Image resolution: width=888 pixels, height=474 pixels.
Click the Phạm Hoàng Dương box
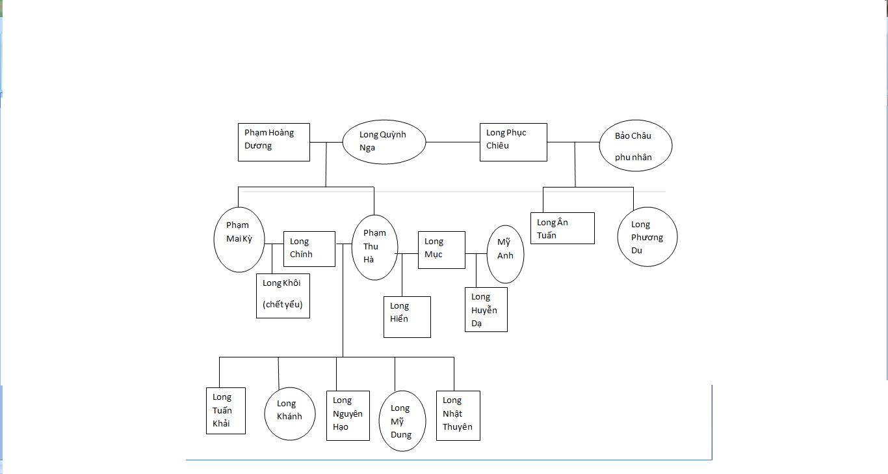[x=273, y=142]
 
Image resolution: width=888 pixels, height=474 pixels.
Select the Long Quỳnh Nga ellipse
[x=384, y=142]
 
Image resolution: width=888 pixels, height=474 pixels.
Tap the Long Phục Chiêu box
[x=513, y=142]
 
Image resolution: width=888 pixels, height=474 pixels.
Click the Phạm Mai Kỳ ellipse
[x=239, y=239]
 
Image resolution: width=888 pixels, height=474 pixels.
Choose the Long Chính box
[x=309, y=249]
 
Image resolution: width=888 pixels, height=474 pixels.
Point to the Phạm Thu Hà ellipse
[x=374, y=247]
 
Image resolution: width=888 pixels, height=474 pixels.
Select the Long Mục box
[x=441, y=249]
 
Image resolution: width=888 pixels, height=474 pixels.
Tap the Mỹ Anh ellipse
[x=505, y=254]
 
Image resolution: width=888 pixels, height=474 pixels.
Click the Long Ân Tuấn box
[x=562, y=228]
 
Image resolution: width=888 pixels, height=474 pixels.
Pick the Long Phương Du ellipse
[x=647, y=237]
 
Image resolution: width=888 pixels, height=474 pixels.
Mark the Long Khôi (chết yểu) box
[x=283, y=296]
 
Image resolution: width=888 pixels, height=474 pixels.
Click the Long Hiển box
[x=407, y=317]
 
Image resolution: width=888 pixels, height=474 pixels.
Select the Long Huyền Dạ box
[x=486, y=310]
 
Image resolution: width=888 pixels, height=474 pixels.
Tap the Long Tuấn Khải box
[x=225, y=410]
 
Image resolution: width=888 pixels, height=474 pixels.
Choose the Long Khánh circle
[x=290, y=413]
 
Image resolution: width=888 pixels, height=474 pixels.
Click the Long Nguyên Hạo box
[x=347, y=415]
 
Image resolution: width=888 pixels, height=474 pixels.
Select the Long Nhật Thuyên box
[x=458, y=415]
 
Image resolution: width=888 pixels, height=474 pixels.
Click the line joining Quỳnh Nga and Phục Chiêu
[x=452, y=142]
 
